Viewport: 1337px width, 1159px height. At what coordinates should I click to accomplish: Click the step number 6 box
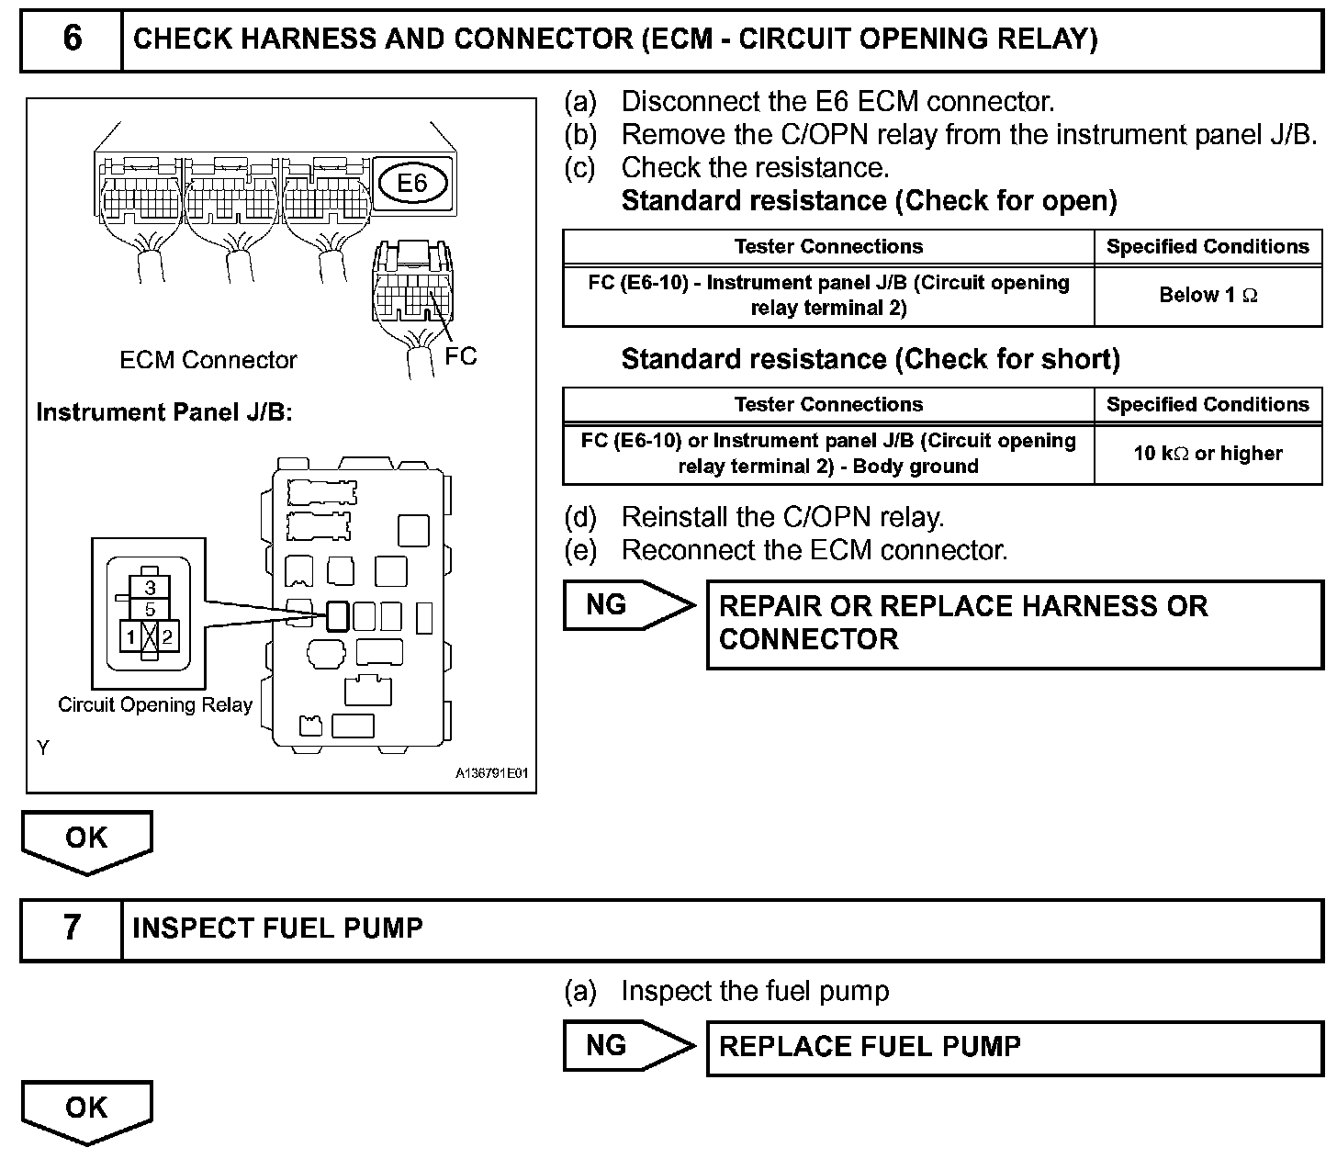[x=72, y=39]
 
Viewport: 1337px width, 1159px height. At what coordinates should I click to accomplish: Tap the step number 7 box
[x=72, y=928]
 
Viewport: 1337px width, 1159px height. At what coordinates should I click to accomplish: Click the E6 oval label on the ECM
[x=412, y=183]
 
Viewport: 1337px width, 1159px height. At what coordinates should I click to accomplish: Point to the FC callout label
[x=461, y=356]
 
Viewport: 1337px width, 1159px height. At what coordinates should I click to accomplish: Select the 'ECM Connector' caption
[x=208, y=360]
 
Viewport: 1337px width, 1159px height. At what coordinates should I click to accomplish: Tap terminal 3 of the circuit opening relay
[x=151, y=588]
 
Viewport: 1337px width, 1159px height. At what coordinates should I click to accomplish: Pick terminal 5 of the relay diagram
[x=151, y=609]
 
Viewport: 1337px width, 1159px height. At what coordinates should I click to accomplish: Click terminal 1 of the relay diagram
[x=132, y=636]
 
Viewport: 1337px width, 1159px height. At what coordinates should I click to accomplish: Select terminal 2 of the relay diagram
[x=168, y=636]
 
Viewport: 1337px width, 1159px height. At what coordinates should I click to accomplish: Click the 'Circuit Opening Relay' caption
[x=155, y=705]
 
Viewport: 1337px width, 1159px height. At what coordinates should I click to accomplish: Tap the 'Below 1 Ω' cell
[x=1208, y=295]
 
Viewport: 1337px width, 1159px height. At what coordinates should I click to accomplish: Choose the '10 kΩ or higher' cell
[x=1208, y=453]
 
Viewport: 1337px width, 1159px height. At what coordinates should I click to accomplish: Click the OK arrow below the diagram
[x=86, y=839]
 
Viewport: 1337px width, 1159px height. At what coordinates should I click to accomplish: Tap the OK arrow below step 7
[x=86, y=1108]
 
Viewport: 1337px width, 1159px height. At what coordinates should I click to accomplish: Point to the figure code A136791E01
[x=492, y=774]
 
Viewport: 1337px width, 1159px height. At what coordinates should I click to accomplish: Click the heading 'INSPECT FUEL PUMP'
[x=277, y=928]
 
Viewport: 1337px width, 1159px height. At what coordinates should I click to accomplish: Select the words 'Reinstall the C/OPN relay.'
[x=782, y=517]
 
